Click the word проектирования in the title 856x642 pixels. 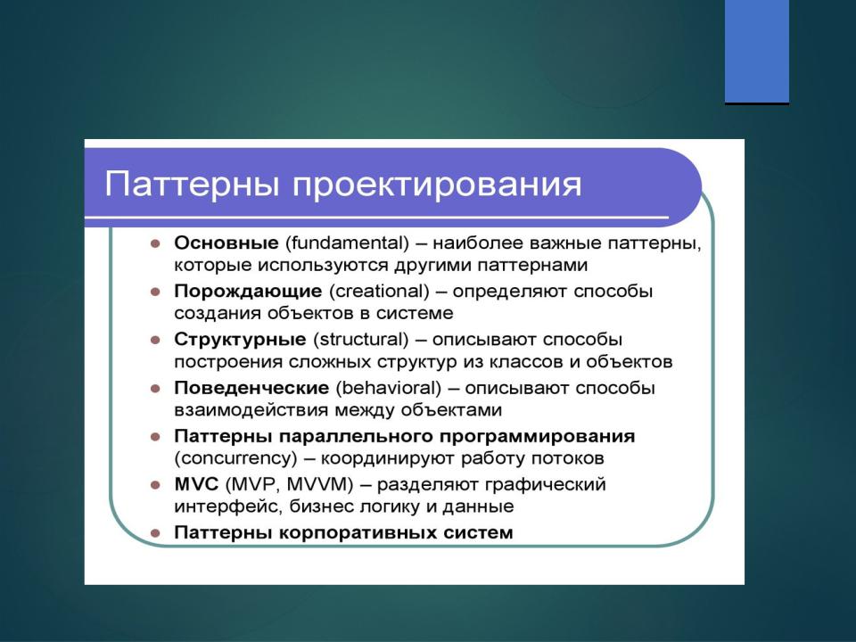(x=437, y=186)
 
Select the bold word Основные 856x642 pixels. (x=226, y=243)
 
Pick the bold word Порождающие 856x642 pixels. (x=248, y=292)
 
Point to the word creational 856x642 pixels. (x=379, y=291)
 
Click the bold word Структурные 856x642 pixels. (x=240, y=340)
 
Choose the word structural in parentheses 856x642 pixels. (x=361, y=340)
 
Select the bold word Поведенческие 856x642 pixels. (x=251, y=388)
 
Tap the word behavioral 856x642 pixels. (x=388, y=388)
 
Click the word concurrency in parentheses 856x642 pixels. (x=235, y=458)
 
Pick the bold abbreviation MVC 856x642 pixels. (x=196, y=484)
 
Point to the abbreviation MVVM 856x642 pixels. (x=320, y=485)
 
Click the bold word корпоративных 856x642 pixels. (x=357, y=533)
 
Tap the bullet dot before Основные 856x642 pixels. (x=155, y=243)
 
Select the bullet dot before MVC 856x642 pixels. (x=155, y=485)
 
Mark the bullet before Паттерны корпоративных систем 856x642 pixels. (x=155, y=533)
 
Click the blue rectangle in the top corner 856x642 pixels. (x=757, y=52)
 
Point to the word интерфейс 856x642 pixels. (x=228, y=506)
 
